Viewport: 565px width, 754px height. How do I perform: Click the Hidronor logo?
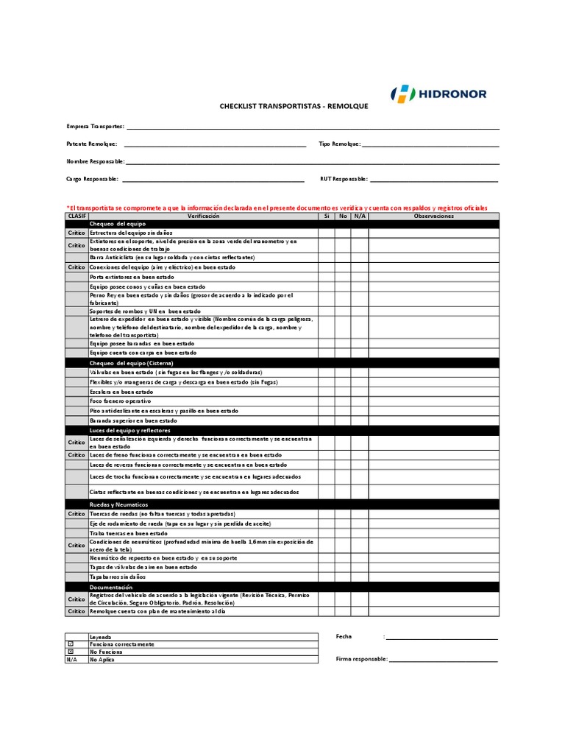[438, 94]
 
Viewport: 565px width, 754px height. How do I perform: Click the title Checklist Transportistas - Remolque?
[294, 107]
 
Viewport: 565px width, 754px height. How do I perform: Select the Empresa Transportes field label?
[96, 127]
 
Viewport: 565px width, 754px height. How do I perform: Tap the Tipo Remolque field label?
[340, 144]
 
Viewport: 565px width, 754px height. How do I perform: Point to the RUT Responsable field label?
[344, 179]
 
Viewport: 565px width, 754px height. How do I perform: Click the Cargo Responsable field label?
[92, 179]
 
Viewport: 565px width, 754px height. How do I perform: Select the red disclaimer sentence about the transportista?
[277, 208]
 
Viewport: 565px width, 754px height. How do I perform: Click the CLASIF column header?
[77, 216]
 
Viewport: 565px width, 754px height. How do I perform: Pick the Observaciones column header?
[433, 216]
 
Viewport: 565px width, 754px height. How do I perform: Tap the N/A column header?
[359, 216]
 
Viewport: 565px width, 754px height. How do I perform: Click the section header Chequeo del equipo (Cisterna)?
[132, 363]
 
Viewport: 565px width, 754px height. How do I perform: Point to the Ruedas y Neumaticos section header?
[119, 504]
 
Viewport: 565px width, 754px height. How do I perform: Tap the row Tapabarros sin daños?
[118, 578]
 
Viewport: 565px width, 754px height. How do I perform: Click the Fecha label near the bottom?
[344, 636]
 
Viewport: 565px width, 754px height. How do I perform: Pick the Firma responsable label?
[361, 659]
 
